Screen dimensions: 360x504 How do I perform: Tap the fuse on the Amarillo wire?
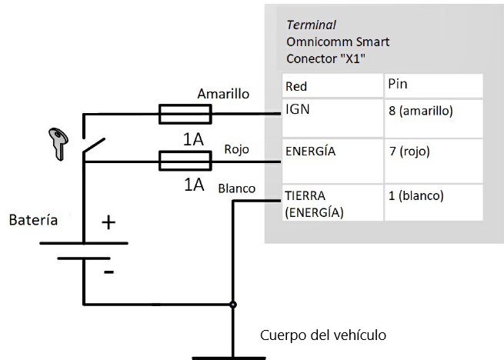point(185,115)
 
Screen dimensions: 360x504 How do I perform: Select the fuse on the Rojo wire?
point(185,161)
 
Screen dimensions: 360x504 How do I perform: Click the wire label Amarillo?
point(223,94)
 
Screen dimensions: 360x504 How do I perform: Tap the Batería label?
point(33,220)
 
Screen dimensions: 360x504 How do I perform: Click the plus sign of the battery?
point(109,223)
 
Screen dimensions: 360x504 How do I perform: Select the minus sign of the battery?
point(108,272)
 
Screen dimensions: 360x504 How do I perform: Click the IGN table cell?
point(332,118)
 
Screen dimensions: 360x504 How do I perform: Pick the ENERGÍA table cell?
point(332,161)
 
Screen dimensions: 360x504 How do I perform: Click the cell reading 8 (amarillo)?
point(433,118)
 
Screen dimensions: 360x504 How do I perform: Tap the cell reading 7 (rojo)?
point(433,161)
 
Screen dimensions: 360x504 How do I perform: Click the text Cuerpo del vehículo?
point(322,335)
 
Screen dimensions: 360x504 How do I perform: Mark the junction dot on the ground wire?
point(232,305)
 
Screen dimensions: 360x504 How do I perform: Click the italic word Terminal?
point(311,25)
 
